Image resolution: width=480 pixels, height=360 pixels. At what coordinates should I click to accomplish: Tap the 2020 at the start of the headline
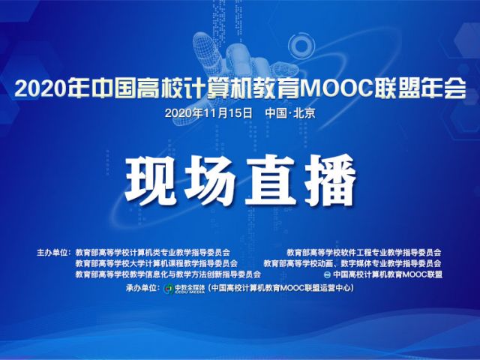pyautogui.click(x=40, y=89)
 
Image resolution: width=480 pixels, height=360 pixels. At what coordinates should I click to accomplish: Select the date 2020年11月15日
pyautogui.click(x=208, y=113)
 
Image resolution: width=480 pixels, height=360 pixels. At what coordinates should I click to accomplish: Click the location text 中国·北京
pyautogui.click(x=290, y=113)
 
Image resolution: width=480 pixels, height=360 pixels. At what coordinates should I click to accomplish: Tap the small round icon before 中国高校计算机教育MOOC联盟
pyautogui.click(x=327, y=274)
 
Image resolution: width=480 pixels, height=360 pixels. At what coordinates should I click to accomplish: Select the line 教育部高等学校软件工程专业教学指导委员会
pyautogui.click(x=364, y=253)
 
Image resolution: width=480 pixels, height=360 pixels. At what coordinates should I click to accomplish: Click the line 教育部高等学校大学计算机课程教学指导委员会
pyautogui.click(x=157, y=263)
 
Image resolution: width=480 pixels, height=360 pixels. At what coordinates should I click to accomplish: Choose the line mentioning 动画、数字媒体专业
pyautogui.click(x=352, y=263)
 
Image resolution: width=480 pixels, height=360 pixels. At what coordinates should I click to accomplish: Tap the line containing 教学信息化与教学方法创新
pyautogui.click(x=168, y=274)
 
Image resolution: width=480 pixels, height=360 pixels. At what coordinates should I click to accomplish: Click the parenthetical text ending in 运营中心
pyautogui.click(x=280, y=288)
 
